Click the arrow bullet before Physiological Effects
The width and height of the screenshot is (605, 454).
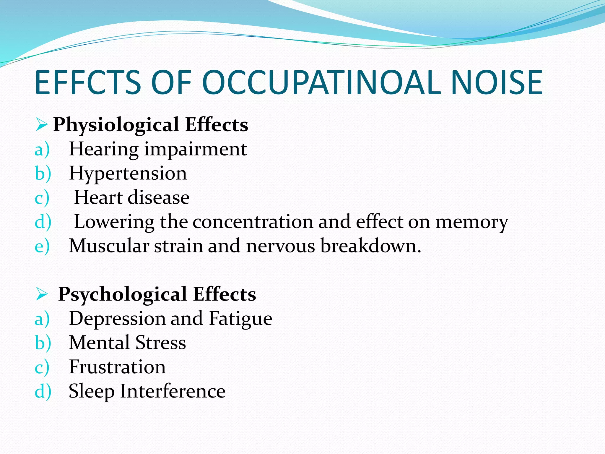click(x=41, y=125)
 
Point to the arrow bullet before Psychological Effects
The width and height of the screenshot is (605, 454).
click(x=41, y=294)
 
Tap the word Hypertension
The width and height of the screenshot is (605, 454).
click(x=128, y=174)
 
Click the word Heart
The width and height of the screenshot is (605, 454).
click(x=98, y=197)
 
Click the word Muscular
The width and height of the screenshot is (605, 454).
click(x=109, y=246)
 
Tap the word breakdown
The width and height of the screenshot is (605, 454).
click(x=370, y=246)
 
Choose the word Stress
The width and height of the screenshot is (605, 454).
click(x=161, y=343)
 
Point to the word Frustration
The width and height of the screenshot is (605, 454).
click(x=117, y=367)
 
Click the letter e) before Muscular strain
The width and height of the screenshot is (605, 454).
click(x=42, y=247)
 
